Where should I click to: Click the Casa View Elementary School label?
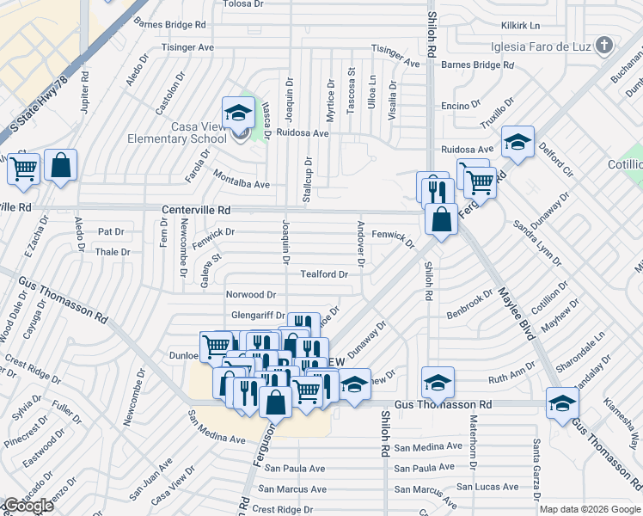(187, 132)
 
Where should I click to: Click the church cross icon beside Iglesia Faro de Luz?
(605, 45)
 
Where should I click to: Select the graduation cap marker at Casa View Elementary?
(238, 113)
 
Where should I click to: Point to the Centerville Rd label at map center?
(196, 210)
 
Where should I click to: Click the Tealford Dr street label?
(324, 275)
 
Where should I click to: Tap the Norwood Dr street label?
(250, 295)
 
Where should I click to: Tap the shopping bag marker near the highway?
(61, 166)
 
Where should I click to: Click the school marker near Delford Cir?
(517, 143)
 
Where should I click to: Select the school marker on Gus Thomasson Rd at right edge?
(562, 402)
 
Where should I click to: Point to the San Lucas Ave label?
(487, 487)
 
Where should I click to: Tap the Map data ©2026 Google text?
(590, 509)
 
